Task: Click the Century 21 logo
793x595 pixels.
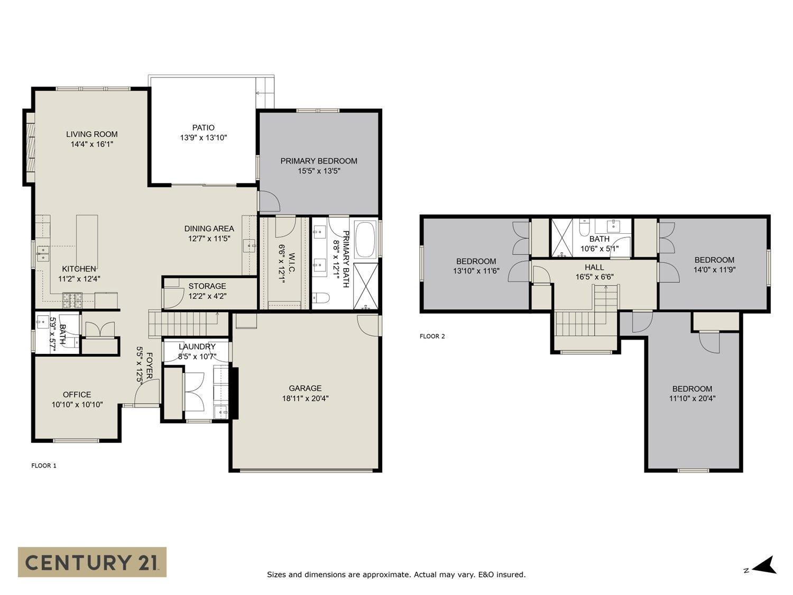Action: click(92, 562)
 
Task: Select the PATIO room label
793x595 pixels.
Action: click(203, 127)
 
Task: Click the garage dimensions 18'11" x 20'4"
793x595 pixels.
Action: click(305, 398)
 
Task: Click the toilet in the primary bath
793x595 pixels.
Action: click(321, 298)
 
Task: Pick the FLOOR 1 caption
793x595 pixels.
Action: click(44, 465)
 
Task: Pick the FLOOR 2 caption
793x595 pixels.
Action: click(432, 336)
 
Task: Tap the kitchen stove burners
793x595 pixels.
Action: click(70, 300)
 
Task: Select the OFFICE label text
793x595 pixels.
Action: click(77, 395)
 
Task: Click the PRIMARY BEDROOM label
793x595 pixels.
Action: click(318, 161)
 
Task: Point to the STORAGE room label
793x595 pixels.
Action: click(207, 286)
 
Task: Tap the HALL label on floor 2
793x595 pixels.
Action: click(594, 267)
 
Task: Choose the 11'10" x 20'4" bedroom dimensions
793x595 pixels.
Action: click(692, 398)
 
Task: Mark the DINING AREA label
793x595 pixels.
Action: click(209, 228)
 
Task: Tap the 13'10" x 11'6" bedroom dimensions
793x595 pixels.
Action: click(476, 271)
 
